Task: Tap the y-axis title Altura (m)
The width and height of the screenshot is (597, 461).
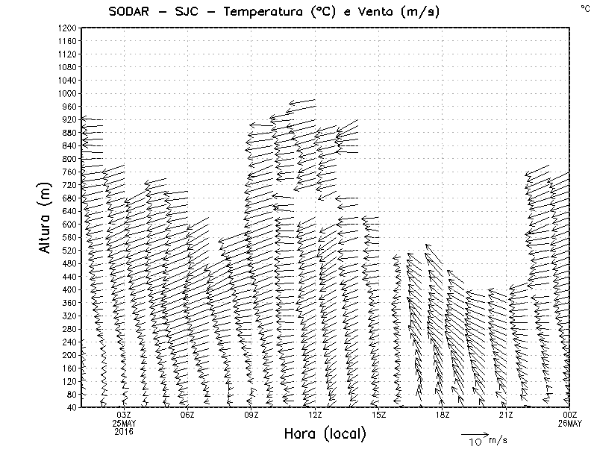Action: tap(46, 216)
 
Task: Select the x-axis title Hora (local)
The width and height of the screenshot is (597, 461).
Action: tap(325, 433)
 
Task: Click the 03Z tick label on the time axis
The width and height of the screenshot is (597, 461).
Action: tap(124, 415)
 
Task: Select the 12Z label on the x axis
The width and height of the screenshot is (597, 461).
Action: tap(315, 415)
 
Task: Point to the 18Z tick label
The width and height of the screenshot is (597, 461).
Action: tap(443, 415)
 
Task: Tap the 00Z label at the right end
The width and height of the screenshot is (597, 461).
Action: tap(570, 415)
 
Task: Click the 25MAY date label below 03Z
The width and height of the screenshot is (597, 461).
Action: tap(124, 423)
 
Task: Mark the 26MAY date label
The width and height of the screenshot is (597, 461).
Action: tap(570, 423)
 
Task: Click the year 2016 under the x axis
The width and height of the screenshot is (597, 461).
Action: tap(124, 430)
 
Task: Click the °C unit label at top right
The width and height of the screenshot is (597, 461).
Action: tap(584, 7)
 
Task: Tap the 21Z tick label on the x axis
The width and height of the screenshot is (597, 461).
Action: tap(506, 415)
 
